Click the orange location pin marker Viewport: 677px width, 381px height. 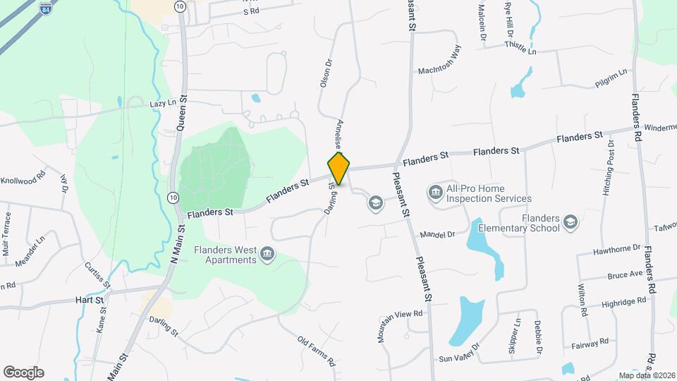[x=338, y=169]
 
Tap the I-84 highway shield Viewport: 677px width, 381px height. [x=46, y=9]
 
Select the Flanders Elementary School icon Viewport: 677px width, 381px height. [x=571, y=224]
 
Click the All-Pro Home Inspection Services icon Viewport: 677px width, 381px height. [x=435, y=191]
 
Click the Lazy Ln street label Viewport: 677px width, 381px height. [x=163, y=104]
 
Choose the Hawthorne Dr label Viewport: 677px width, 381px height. [x=616, y=248]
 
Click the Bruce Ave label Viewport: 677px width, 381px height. [x=626, y=274]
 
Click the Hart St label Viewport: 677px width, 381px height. [x=90, y=300]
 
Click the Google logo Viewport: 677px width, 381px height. [x=23, y=372]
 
